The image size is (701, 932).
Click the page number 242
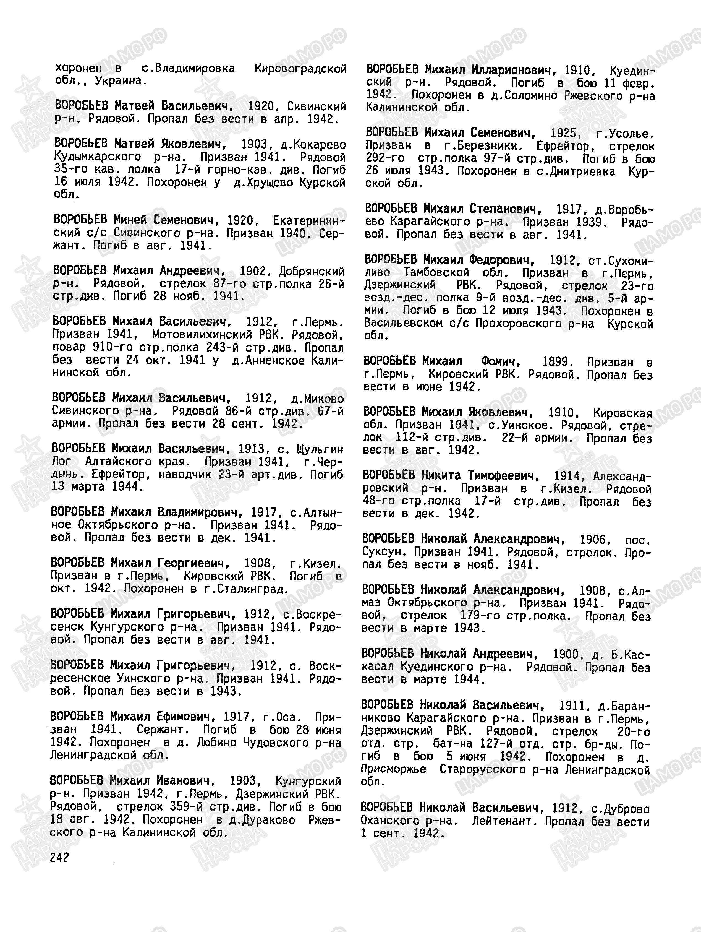coord(59,857)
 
